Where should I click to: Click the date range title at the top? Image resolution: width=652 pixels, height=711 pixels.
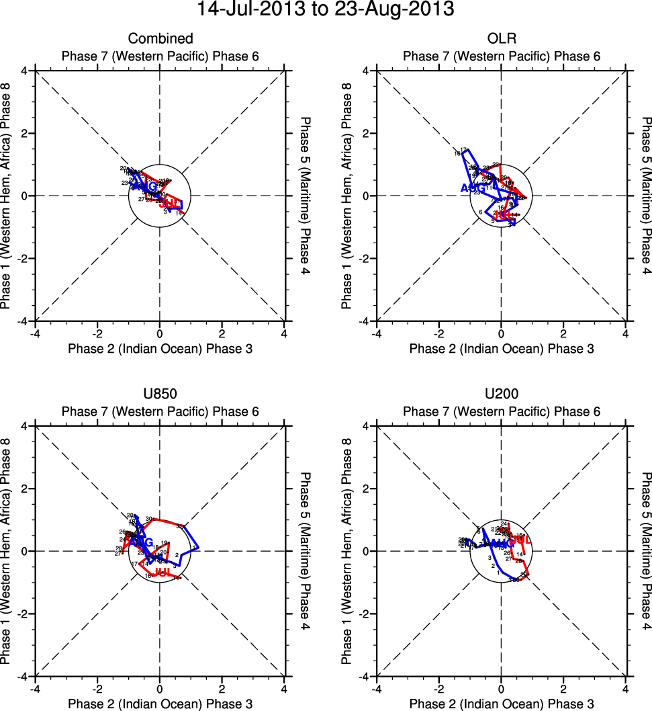326,10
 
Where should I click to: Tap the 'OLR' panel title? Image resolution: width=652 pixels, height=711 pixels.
501,38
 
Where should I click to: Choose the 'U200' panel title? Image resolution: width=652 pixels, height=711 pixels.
501,394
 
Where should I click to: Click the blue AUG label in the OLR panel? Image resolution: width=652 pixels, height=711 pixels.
473,189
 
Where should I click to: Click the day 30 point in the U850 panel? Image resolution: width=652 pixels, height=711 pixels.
149,519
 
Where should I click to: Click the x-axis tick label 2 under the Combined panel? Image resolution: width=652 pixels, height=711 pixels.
222,333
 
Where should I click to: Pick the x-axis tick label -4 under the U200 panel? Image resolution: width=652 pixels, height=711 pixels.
376,689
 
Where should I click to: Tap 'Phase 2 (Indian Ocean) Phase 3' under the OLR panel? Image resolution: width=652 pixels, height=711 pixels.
501,348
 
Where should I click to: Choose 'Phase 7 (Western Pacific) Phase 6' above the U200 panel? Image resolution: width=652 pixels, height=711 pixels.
501,411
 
